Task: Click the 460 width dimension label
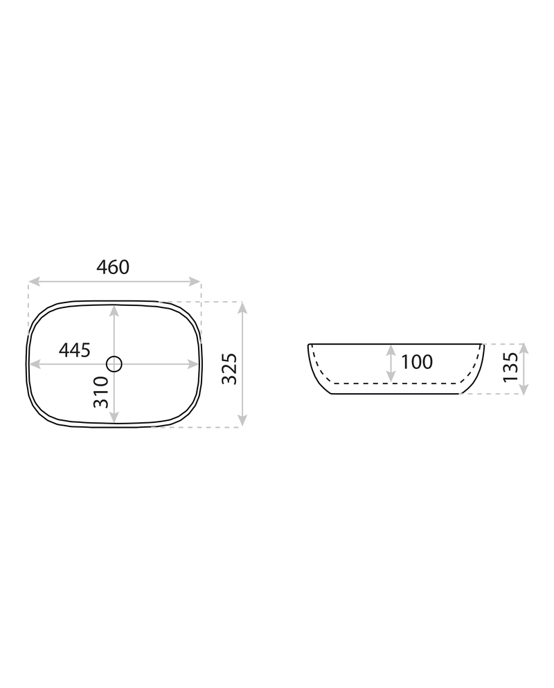113,267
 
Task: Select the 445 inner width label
75,350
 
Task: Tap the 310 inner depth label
101,392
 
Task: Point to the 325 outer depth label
229,368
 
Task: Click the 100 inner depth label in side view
417,362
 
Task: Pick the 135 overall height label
510,367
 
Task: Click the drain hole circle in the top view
114,364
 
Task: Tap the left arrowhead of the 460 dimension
34,282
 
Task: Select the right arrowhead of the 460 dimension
195,282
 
